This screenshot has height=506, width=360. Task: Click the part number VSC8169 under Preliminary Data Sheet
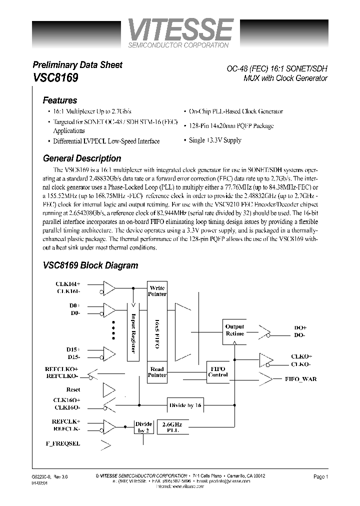pos(54,78)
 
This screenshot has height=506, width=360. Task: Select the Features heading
pos(60,100)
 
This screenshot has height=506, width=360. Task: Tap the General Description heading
pos(82,158)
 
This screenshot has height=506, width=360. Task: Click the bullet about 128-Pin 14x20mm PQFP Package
pos(231,126)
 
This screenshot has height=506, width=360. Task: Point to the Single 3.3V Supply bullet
pos(214,140)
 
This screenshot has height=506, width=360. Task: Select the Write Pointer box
pos(157,291)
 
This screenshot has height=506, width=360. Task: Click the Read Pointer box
pos(157,372)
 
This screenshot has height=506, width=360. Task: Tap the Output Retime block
pos(234,330)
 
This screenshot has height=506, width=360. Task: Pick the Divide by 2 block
pos(143,426)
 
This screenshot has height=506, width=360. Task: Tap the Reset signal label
pos(73,389)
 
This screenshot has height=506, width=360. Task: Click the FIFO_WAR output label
pos(300,379)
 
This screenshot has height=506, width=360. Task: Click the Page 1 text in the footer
pos(320,477)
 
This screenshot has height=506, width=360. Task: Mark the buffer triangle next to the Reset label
pos(108,389)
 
